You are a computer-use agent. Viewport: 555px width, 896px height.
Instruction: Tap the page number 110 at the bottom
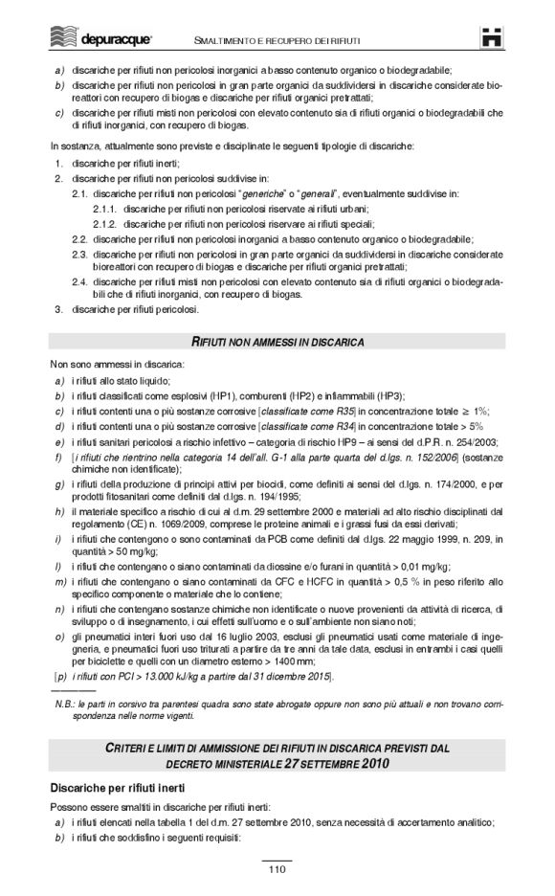click(277, 869)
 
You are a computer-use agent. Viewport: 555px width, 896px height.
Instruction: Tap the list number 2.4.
click(80, 282)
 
